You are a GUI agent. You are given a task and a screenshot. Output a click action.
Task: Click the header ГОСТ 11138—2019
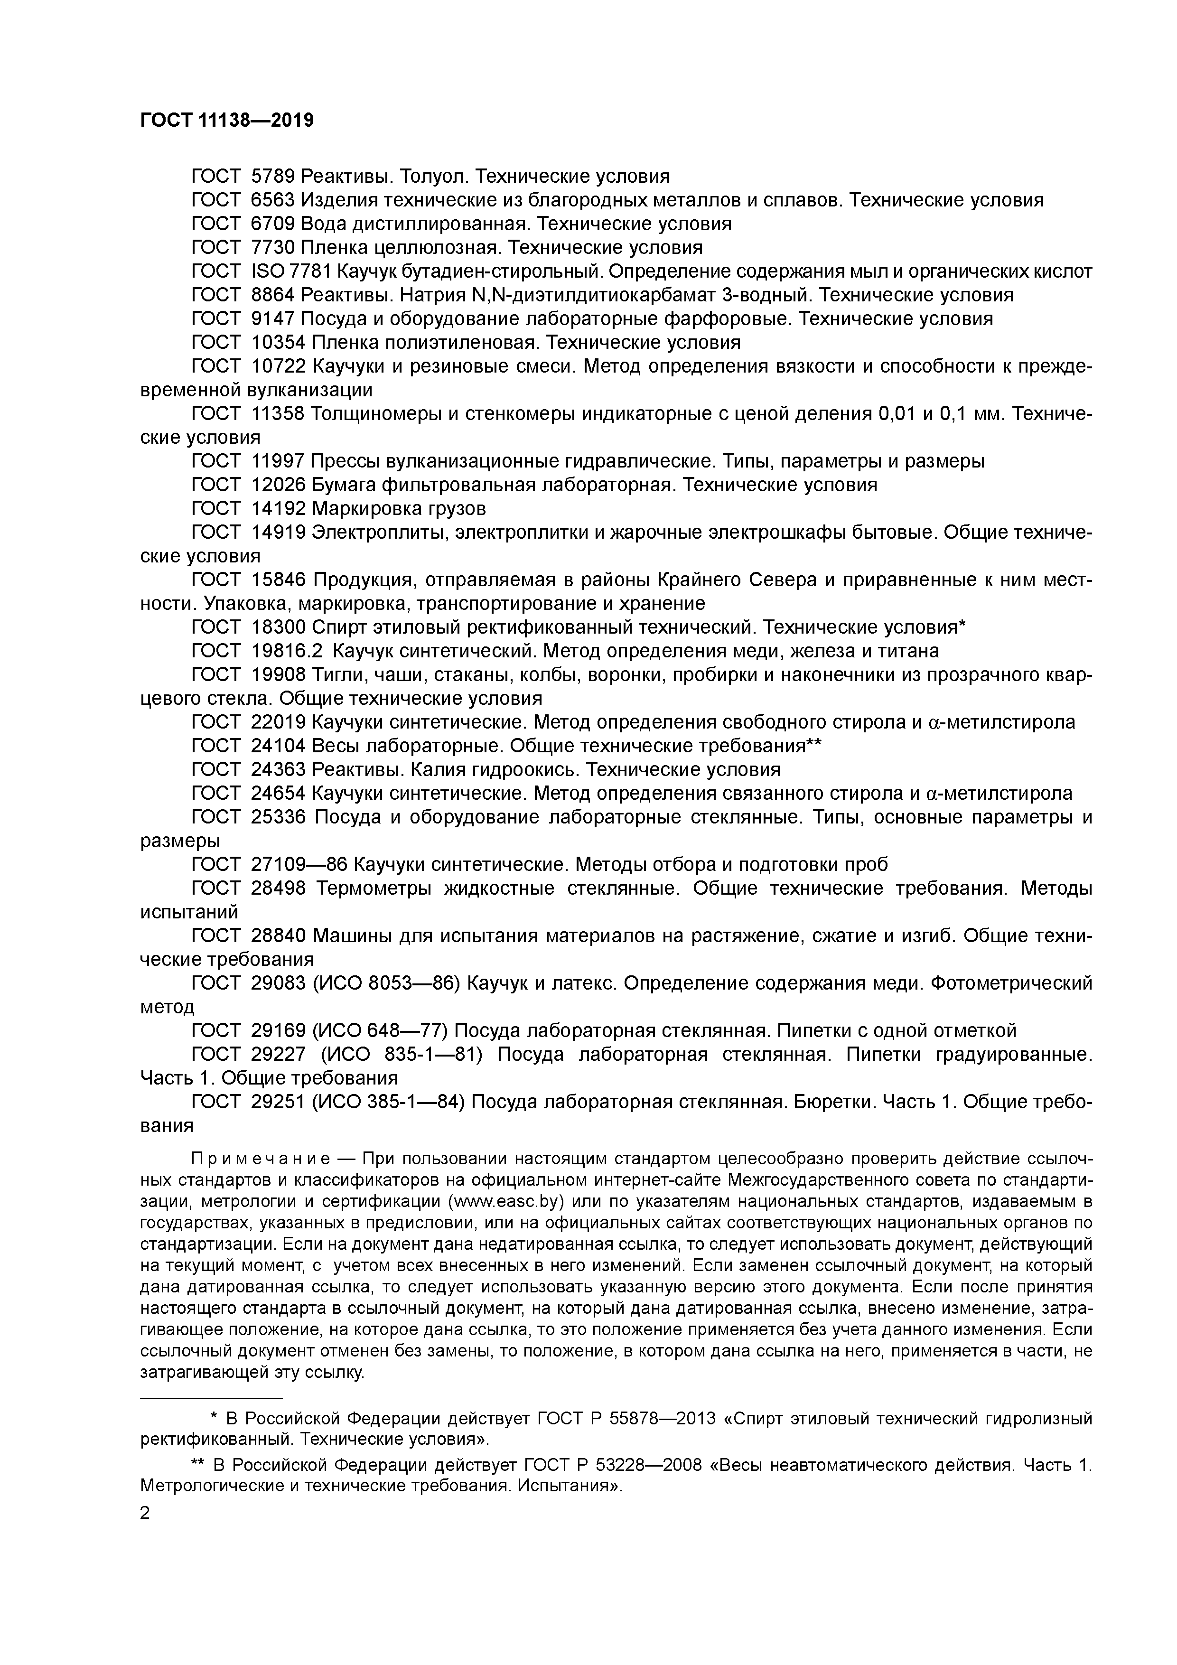[226, 121]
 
